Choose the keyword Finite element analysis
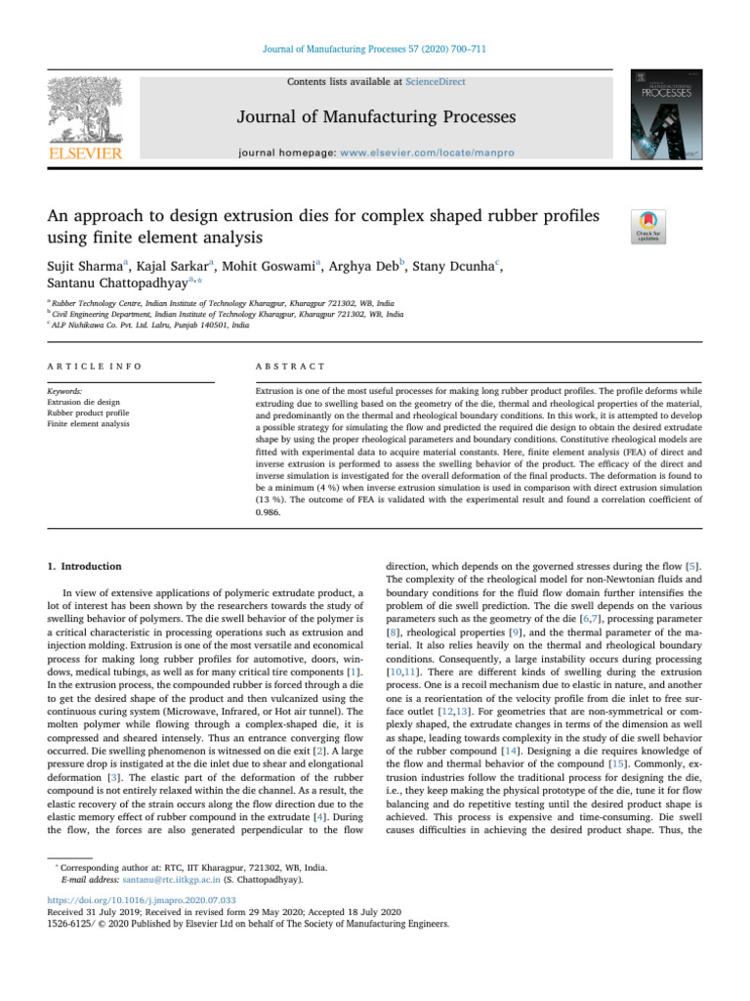point(90,424)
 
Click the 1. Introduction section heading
point(81,566)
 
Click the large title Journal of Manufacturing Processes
point(374,118)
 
